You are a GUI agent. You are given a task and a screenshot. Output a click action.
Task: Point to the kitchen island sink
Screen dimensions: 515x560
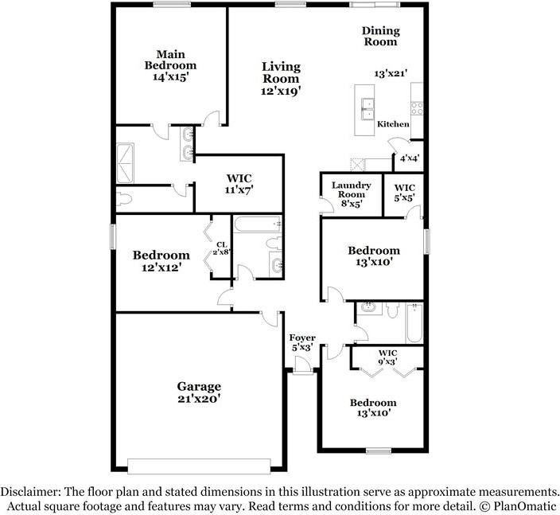(368, 107)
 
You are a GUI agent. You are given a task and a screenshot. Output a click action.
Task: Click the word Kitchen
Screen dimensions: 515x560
(393, 124)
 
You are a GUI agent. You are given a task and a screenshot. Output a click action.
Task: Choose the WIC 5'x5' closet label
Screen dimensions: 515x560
(403, 192)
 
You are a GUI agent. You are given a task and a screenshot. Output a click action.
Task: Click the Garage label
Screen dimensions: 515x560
(199, 387)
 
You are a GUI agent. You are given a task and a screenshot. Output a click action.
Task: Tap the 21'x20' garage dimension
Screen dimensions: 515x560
(199, 399)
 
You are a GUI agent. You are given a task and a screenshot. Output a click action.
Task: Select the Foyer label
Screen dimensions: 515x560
(302, 338)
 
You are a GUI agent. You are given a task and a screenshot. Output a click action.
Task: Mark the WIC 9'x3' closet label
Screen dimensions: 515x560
(387, 357)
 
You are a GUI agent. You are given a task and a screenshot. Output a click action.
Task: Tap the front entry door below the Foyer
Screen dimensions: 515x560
(302, 367)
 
